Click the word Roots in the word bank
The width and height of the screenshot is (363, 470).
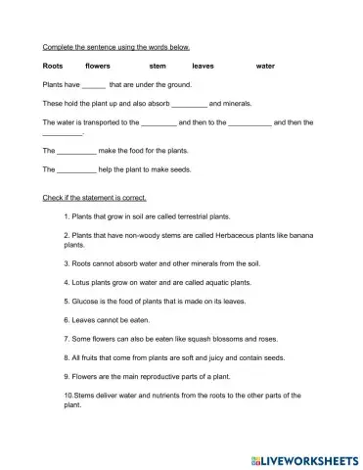pyautogui.click(x=53, y=66)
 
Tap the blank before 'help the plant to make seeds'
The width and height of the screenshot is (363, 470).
pyautogui.click(x=77, y=169)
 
